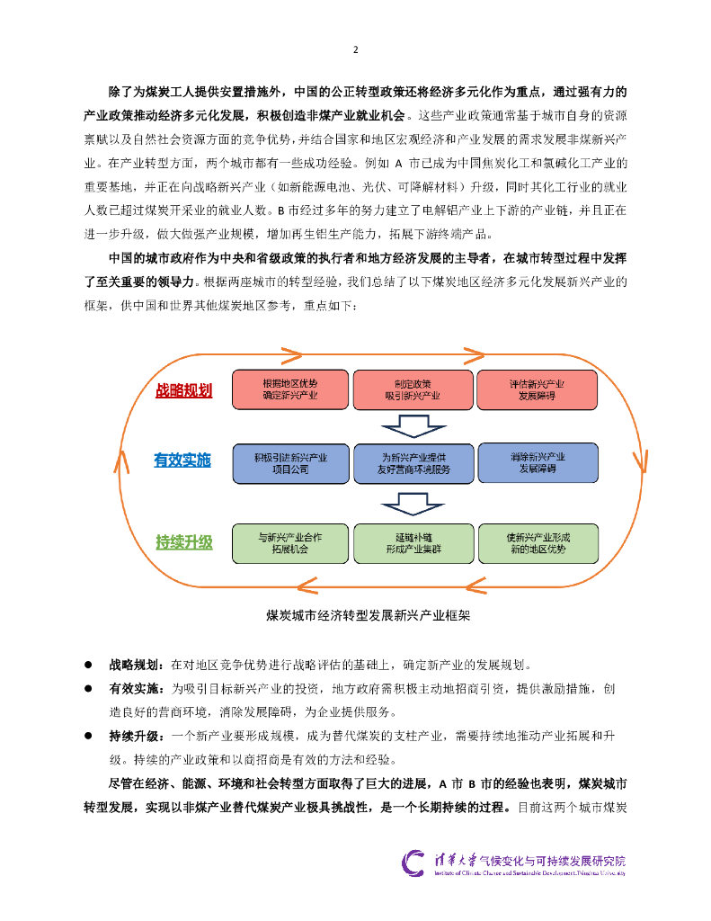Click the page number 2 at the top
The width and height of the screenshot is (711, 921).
coord(355,49)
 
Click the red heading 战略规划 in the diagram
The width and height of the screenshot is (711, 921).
coord(183,390)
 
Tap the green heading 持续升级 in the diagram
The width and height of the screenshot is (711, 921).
coord(183,541)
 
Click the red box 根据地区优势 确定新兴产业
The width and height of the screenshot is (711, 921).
coord(289,388)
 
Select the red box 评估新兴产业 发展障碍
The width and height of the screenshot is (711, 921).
coord(537,388)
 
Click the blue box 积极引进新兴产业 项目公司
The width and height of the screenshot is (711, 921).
coord(289,462)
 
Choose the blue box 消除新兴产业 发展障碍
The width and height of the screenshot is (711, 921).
coord(537,462)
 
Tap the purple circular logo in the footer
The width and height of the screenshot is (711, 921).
coord(414,863)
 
